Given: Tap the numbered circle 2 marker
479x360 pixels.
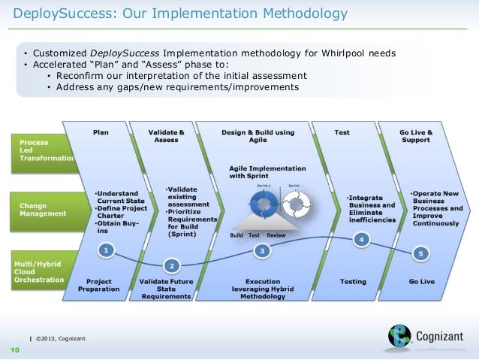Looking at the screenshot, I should [x=171, y=265].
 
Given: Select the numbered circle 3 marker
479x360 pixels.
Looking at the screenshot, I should [x=262, y=250].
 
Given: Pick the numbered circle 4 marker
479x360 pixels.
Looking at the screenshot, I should [x=362, y=240].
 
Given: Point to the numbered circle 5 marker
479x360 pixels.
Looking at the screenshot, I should [x=421, y=254].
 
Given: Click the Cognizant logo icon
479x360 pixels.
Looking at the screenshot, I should [x=399, y=334].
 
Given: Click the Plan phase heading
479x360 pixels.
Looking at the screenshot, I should [x=101, y=132].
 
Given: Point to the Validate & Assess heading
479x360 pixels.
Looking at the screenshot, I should [x=167, y=136].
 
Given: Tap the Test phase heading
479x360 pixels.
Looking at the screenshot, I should [x=342, y=132].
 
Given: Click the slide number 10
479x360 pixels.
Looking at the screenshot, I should [x=14, y=350].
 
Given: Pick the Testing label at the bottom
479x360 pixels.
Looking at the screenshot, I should [x=353, y=282].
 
